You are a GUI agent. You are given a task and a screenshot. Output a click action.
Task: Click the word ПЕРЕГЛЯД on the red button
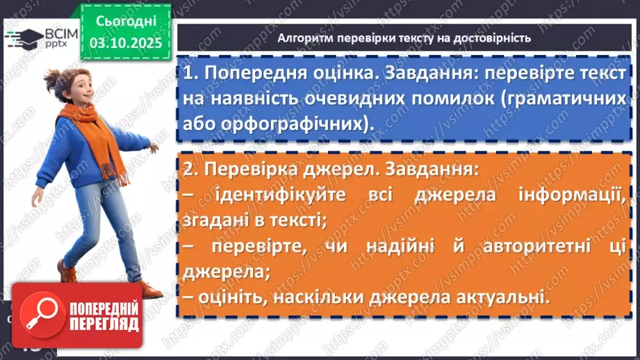pos(105,325)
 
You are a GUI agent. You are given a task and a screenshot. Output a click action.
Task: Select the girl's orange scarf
pos(91,125)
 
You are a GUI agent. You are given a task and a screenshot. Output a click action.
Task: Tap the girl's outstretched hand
pos(153,147)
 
